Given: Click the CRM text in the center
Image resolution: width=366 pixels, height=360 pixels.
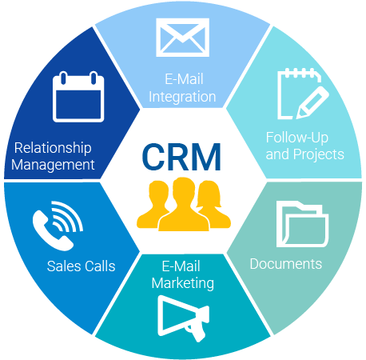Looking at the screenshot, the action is (x=181, y=157).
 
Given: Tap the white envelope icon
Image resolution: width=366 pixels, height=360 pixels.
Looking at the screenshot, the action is (x=182, y=38).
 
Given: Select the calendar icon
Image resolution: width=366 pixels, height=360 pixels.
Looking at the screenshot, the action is (x=78, y=97).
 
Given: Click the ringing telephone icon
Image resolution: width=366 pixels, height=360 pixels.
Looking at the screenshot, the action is (x=58, y=226).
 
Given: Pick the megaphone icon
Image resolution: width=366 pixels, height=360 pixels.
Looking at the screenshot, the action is (x=183, y=318).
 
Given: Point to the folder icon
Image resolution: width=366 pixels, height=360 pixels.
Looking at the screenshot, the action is (x=302, y=224).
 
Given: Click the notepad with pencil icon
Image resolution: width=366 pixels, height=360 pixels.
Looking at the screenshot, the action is (x=303, y=94).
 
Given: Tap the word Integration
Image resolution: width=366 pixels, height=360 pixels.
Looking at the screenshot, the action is (x=182, y=97).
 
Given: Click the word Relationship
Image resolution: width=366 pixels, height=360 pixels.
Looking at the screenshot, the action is (x=53, y=148).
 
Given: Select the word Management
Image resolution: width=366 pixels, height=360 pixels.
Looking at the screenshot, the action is (x=53, y=165).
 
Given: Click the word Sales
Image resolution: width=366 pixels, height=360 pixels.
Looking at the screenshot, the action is (x=62, y=266).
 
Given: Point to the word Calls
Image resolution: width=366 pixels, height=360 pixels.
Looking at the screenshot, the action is (x=98, y=266).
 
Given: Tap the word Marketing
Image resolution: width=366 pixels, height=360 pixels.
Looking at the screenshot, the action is (x=183, y=283).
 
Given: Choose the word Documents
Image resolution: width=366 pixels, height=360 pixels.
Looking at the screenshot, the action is (x=286, y=264).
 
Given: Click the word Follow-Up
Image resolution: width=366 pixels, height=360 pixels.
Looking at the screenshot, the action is (x=297, y=138).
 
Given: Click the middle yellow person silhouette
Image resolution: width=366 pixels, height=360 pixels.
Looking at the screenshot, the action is (x=184, y=206).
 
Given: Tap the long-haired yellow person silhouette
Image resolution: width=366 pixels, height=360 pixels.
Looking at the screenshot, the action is (x=213, y=204).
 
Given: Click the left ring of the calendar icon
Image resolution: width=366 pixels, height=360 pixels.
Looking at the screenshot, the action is (x=63, y=78).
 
